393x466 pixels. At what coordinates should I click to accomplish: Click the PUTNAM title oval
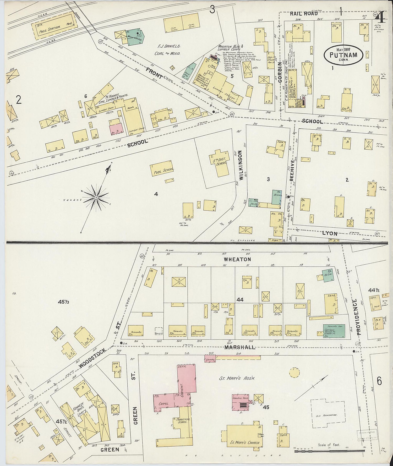point(343,55)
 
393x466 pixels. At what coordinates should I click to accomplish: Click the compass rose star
point(96,197)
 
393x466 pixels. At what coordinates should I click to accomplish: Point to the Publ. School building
point(162,170)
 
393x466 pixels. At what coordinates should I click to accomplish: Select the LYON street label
point(330,233)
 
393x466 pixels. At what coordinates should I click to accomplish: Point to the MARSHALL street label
point(239,347)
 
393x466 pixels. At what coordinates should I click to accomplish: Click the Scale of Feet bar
point(329,451)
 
